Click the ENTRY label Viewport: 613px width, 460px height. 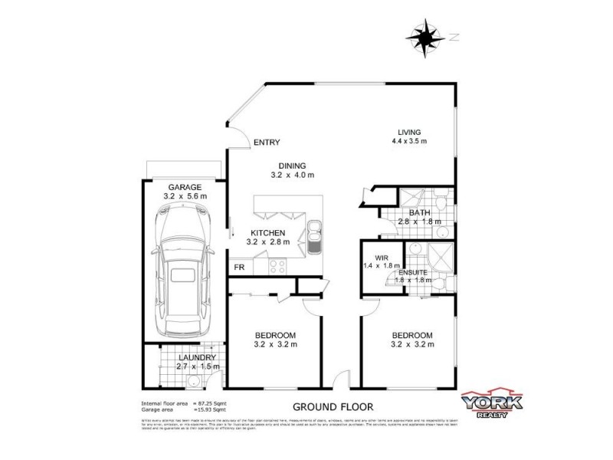pos(267,143)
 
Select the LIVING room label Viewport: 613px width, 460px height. pos(409,132)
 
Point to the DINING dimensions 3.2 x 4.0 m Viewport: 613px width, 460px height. pos(293,176)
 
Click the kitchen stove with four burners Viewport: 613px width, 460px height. pos(276,267)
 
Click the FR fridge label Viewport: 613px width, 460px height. pos(239,267)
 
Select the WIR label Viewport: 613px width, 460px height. pos(382,258)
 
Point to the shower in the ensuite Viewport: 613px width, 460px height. pos(441,256)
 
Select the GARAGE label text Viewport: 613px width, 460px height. pos(185,187)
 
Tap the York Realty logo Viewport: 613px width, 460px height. pos(491,405)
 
